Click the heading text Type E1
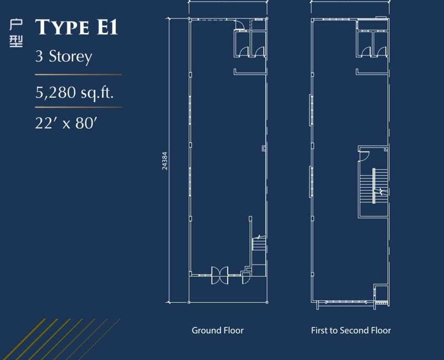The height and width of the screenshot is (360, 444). point(77,27)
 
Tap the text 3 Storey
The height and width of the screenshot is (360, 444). point(63,57)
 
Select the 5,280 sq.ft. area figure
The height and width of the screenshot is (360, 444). point(75,93)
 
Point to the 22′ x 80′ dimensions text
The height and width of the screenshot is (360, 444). point(66,123)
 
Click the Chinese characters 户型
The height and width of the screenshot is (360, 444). point(16,33)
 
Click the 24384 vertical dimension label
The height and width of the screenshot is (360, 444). point(164,161)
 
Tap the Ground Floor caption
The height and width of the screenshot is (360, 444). point(218,330)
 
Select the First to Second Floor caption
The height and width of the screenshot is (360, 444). point(351,330)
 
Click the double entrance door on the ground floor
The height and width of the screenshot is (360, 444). point(220,275)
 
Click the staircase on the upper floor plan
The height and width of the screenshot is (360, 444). point(374,186)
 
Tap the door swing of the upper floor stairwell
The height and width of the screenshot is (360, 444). point(364,156)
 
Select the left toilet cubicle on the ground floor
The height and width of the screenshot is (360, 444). point(242,44)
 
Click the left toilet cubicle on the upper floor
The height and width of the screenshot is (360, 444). point(364,44)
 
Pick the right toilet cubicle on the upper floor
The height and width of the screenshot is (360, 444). point(381,44)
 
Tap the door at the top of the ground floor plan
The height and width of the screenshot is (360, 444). point(240,24)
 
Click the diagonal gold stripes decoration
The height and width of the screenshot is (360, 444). point(61,339)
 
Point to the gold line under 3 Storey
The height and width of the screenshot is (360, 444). point(78,75)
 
